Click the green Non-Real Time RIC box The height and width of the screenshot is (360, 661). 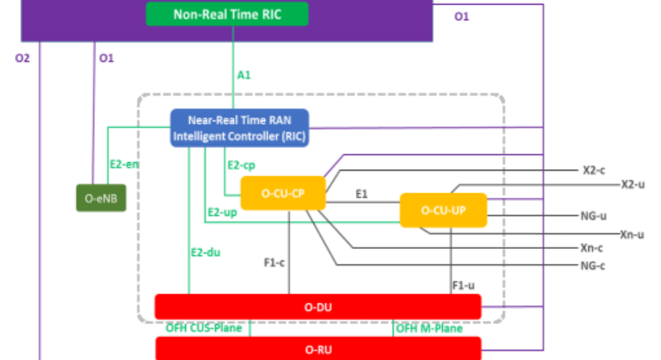(228, 13)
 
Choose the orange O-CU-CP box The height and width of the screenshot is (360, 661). (282, 193)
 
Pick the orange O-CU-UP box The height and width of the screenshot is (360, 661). (443, 210)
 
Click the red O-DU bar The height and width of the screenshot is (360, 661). (318, 307)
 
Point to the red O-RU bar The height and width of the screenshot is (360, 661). (318, 347)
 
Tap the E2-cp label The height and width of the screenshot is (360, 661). (241, 166)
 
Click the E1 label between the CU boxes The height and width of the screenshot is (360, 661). (362, 193)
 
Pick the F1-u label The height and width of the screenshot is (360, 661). (463, 286)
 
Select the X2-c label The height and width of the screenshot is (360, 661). (595, 170)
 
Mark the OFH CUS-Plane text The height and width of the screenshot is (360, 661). (203, 328)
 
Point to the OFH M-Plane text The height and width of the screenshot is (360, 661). (429, 328)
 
